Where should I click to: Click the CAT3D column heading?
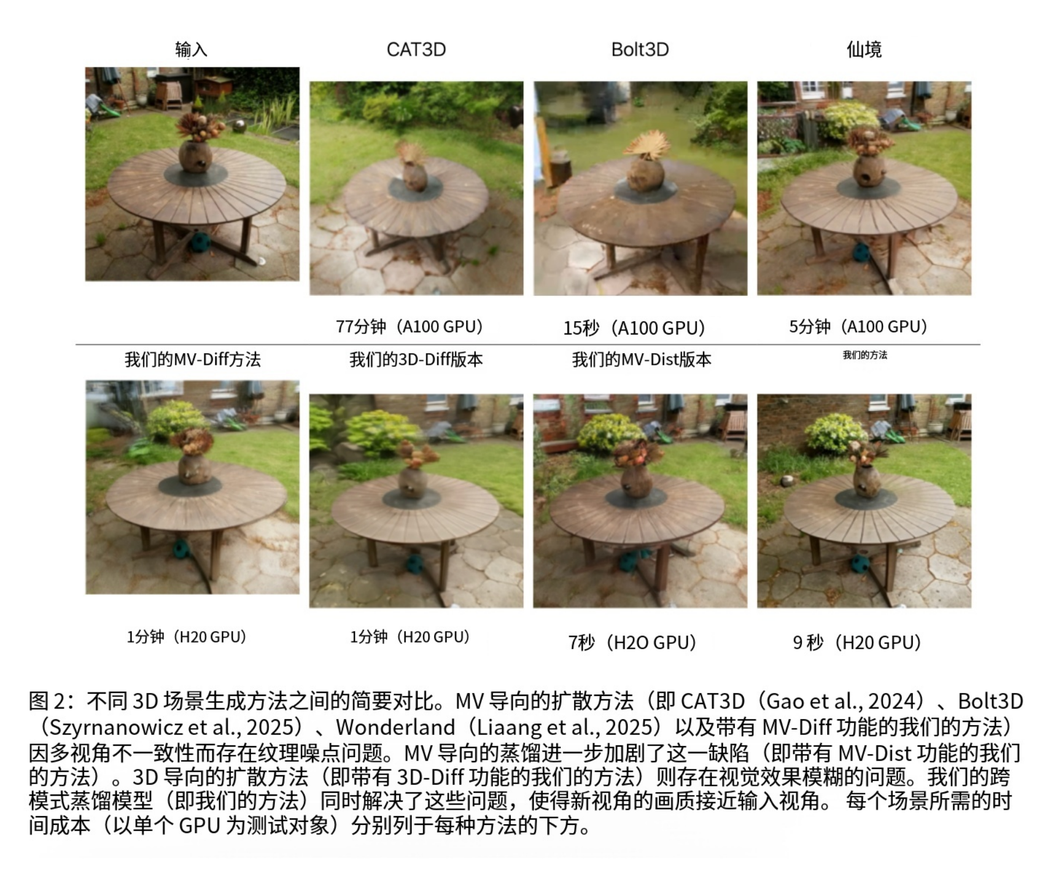click(x=416, y=50)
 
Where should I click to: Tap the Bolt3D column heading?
click(x=640, y=50)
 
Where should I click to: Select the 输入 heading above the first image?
click(x=191, y=50)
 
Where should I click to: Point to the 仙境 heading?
click(x=864, y=50)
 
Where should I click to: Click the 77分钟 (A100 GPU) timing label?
click(x=409, y=326)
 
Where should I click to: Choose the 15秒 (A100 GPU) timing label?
click(x=634, y=328)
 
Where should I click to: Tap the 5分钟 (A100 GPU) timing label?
click(x=858, y=326)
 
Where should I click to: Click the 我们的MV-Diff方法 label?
click(x=192, y=360)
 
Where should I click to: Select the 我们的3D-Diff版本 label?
click(x=416, y=360)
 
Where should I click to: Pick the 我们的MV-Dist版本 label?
click(x=642, y=360)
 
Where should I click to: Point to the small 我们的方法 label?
click(x=864, y=355)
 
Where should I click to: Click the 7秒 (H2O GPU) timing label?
click(x=633, y=643)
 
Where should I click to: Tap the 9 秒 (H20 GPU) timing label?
click(x=857, y=643)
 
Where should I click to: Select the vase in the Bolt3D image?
click(x=645, y=172)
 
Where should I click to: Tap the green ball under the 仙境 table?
click(x=862, y=252)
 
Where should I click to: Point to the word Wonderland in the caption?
click(x=395, y=727)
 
